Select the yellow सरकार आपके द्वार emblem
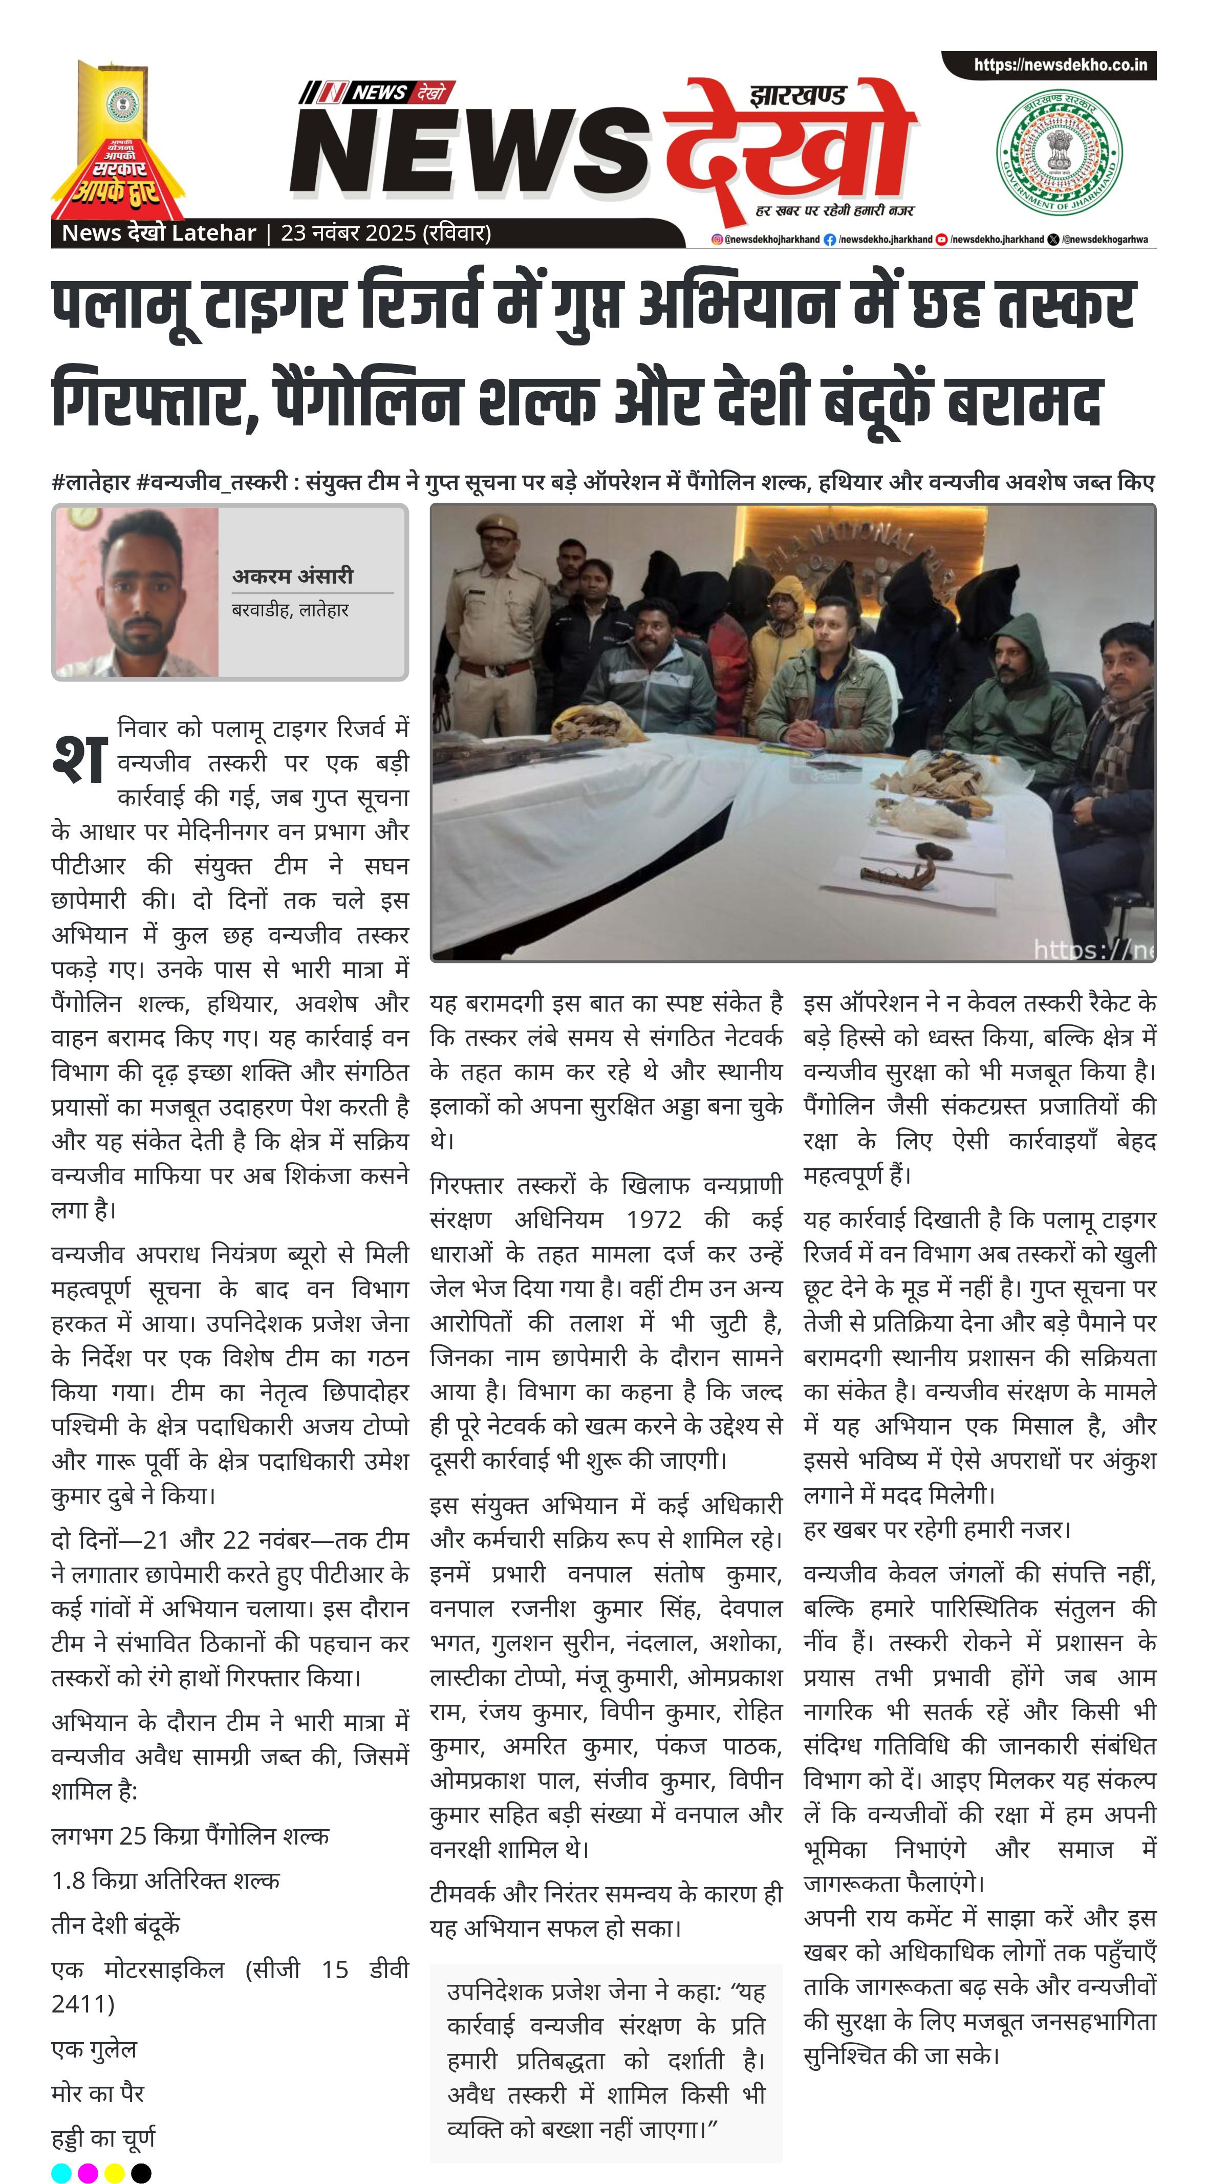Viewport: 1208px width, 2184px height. pos(118,144)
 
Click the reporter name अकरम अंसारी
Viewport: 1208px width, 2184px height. pos(292,575)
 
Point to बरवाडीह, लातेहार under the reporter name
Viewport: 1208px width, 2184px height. pos(290,610)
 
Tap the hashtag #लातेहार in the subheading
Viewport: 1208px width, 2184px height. pos(91,482)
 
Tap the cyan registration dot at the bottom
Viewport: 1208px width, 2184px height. pos(61,2173)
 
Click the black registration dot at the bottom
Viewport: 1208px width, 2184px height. pos(142,2173)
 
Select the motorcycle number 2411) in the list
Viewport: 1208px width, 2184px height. pos(82,2003)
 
